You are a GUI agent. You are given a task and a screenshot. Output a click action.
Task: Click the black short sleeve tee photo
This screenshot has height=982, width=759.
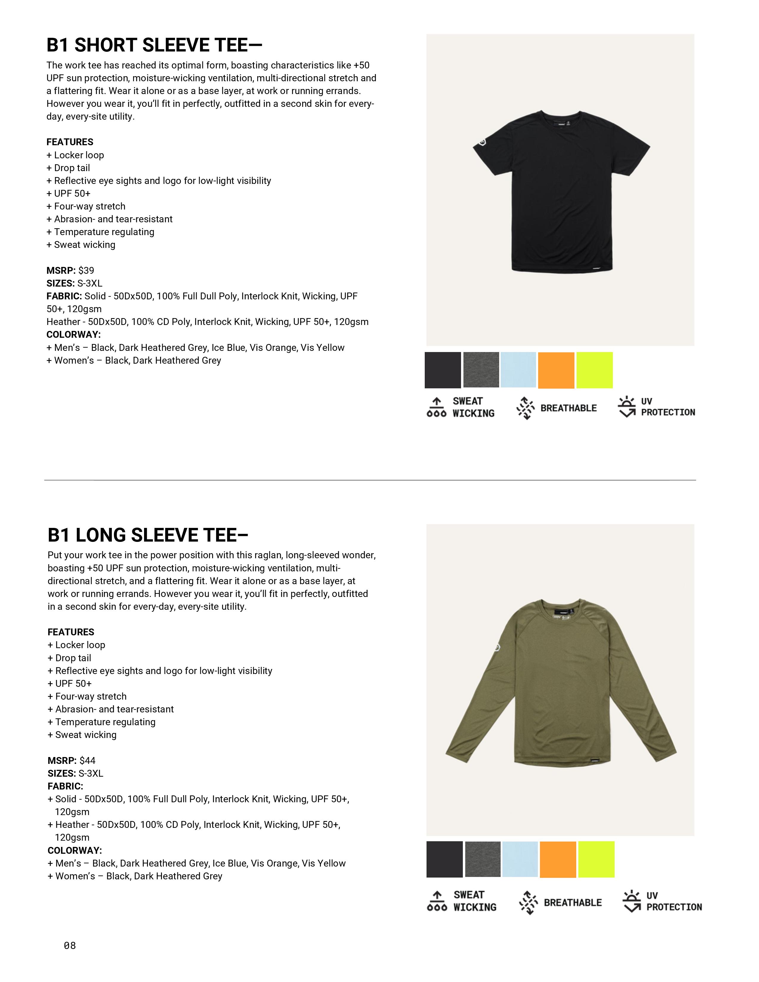tap(561, 191)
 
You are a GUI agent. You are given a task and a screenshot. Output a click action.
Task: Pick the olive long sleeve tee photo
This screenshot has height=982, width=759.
tap(561, 681)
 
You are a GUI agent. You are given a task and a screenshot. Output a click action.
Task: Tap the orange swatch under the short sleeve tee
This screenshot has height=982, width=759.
tap(556, 370)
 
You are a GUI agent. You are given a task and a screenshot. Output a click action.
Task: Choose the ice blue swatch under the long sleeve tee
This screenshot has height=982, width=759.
tap(520, 859)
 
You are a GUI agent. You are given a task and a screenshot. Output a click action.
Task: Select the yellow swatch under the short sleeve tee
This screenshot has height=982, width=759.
tap(594, 370)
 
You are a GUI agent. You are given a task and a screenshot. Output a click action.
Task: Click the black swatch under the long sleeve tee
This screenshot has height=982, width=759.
tap(444, 859)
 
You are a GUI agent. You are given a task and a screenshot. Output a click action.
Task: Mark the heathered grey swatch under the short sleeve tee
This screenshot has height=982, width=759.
tap(481, 370)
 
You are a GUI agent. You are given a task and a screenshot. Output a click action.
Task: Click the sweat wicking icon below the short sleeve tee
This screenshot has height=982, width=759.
tap(436, 407)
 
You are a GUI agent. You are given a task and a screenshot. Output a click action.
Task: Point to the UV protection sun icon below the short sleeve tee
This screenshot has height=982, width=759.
tap(627, 407)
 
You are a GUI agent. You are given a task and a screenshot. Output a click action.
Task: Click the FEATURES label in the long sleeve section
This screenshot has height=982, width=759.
tap(71, 632)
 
